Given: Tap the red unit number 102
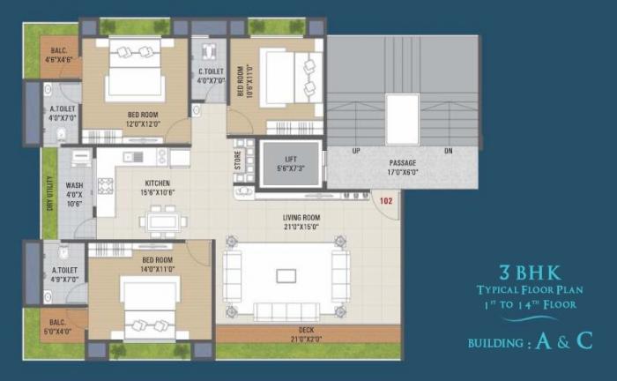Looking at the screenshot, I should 385,201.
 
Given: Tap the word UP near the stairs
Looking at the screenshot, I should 356,151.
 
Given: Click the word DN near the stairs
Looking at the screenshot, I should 448,151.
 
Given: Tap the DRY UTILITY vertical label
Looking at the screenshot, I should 48,193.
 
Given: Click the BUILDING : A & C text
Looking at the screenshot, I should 530,341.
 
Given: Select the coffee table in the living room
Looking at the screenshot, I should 286,275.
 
